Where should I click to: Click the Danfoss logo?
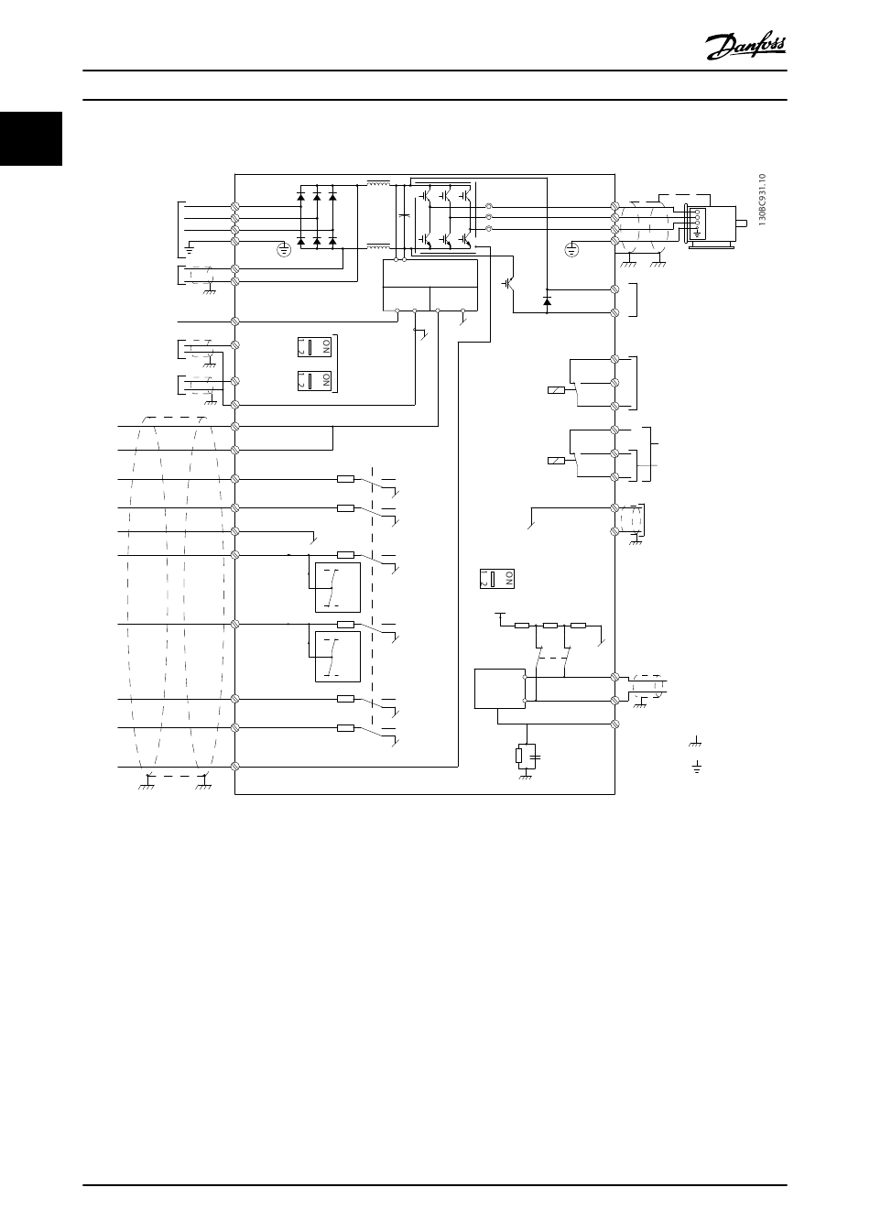[745, 44]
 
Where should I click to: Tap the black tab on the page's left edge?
[30, 138]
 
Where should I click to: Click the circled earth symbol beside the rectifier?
[284, 248]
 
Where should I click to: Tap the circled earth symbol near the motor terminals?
[573, 247]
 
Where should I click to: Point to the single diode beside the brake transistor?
[547, 300]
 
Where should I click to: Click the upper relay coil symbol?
[555, 391]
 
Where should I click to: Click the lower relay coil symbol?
[555, 461]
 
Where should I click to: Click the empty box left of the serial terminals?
[498, 689]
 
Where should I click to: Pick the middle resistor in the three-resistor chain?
[550, 626]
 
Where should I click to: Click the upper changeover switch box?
[337, 587]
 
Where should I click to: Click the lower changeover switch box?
[337, 657]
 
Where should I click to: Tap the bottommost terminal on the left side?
[236, 766]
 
